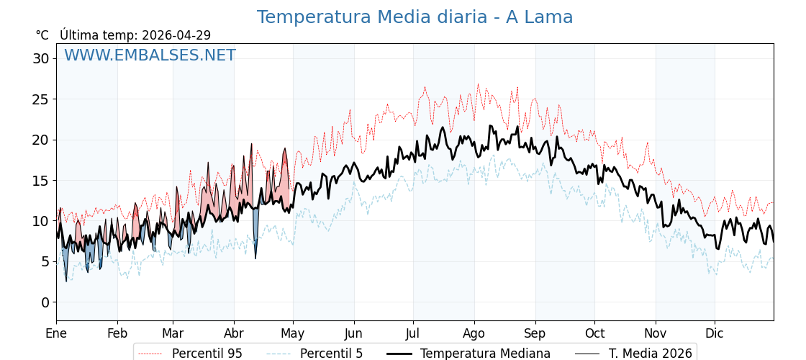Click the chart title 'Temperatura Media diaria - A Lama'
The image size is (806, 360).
click(x=415, y=17)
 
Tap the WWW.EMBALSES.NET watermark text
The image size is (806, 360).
click(x=150, y=55)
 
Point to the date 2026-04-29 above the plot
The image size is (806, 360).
click(x=176, y=35)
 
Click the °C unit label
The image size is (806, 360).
click(x=42, y=35)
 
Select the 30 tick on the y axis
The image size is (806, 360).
click(x=40, y=58)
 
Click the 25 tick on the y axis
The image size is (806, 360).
click(x=40, y=99)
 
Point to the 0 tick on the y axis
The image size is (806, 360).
click(x=45, y=302)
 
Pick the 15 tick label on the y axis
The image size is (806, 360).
click(x=40, y=181)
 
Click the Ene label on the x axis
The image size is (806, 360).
click(x=56, y=333)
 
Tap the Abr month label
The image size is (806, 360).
click(x=234, y=333)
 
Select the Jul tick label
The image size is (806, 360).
click(x=413, y=333)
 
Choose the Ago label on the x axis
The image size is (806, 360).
click(x=474, y=333)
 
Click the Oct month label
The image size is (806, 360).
click(x=594, y=333)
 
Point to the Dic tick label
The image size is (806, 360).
click(x=715, y=333)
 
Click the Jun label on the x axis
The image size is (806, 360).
click(x=354, y=333)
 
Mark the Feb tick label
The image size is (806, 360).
click(x=117, y=333)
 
